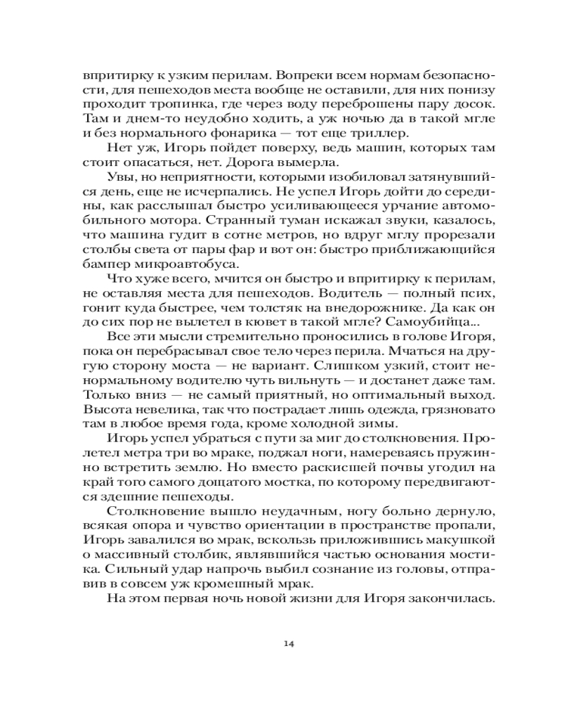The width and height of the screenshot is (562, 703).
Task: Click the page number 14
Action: [288, 643]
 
